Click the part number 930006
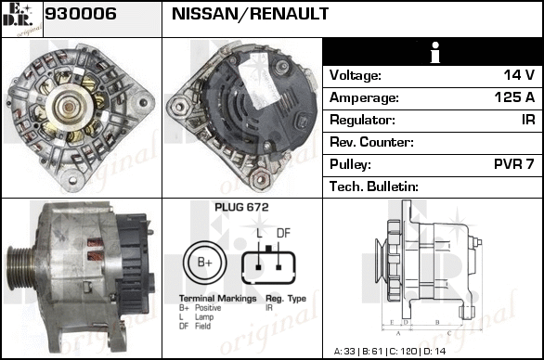point(81,14)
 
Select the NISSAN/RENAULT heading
point(250,14)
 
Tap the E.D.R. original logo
point(22,19)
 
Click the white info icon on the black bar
point(434,52)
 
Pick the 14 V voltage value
point(519,75)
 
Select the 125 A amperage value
point(514,97)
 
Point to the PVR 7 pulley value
point(513,164)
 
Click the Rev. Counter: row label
point(371,142)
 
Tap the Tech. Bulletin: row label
point(374,186)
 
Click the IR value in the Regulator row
point(528,120)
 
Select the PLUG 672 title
point(241,208)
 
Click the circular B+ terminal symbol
point(204,263)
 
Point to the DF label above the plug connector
point(283,234)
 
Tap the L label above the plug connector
point(259,234)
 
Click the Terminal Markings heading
point(217,299)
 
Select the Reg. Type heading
point(286,299)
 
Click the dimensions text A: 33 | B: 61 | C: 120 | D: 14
point(390,352)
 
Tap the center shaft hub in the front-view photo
point(69,108)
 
